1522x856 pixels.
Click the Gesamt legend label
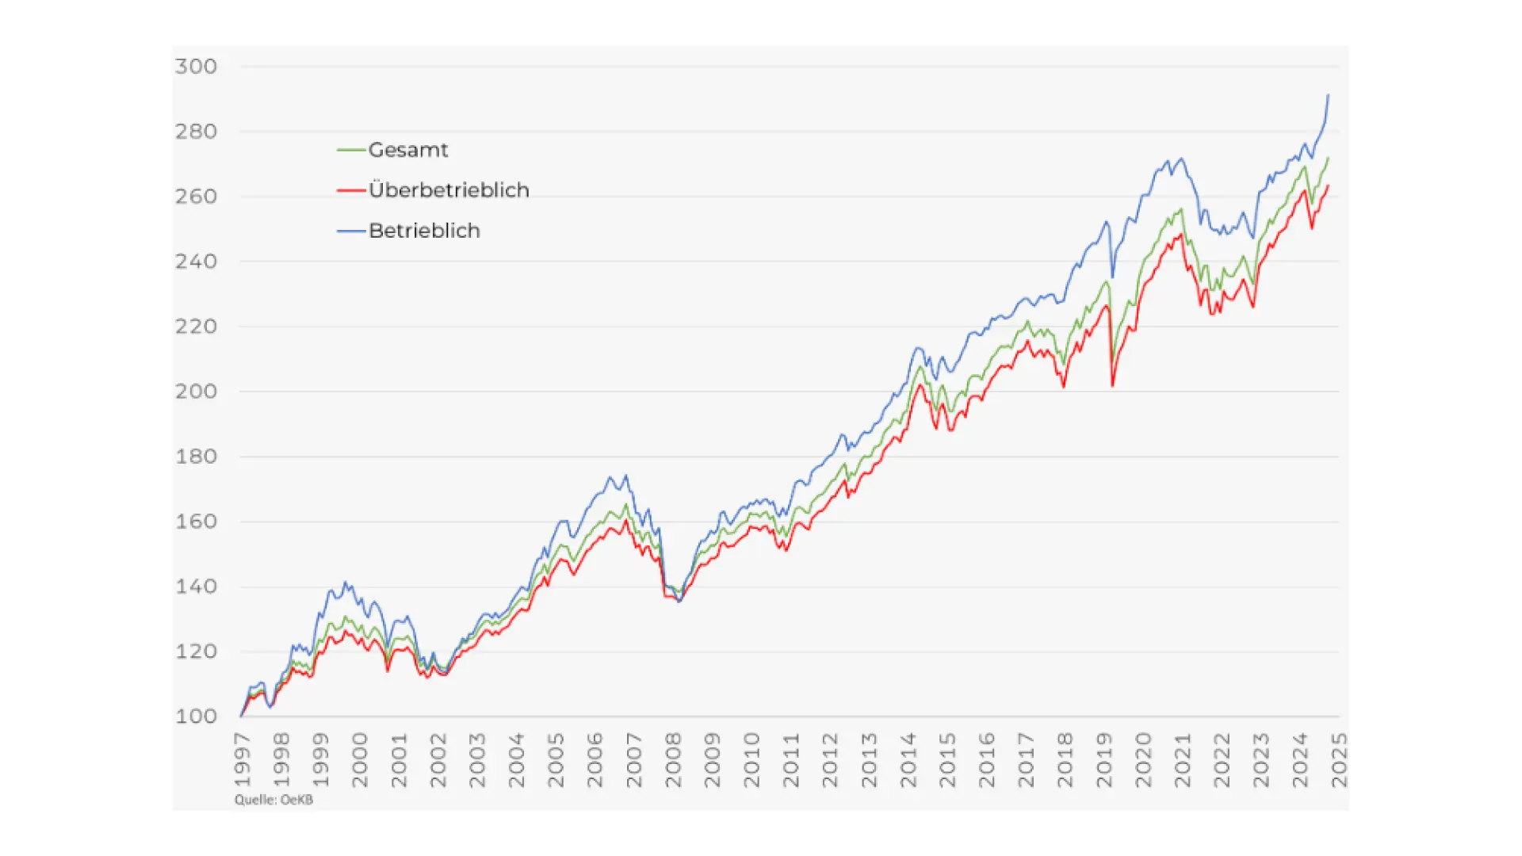[x=408, y=150]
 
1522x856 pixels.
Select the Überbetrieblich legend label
[x=449, y=190]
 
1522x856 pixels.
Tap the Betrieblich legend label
[x=424, y=231]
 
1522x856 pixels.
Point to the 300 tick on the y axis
[x=196, y=67]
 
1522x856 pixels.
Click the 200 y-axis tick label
[x=196, y=392]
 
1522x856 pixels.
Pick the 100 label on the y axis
[x=196, y=717]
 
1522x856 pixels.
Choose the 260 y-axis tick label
[x=196, y=197]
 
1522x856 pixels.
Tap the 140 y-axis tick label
[x=196, y=587]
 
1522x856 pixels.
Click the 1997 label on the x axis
[x=243, y=759]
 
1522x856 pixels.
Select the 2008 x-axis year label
[x=674, y=759]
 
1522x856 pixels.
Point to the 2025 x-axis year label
[x=1340, y=759]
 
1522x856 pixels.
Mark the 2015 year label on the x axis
[x=948, y=759]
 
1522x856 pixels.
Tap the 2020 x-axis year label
[x=1144, y=759]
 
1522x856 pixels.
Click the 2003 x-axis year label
[x=478, y=759]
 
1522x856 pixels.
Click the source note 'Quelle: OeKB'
[x=273, y=800]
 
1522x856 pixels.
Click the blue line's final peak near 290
[x=1329, y=96]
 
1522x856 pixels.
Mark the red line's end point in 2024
[x=1329, y=186]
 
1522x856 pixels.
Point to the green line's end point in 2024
[x=1329, y=158]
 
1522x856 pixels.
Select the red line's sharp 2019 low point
[x=1113, y=386]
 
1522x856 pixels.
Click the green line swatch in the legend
[x=351, y=150]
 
